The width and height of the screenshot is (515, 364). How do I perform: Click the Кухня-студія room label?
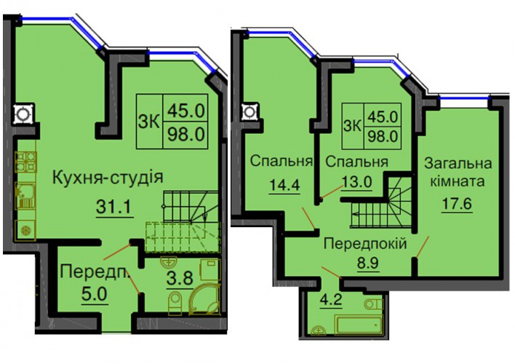pyautogui.click(x=108, y=178)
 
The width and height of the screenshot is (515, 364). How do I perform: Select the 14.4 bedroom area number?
pyautogui.click(x=284, y=186)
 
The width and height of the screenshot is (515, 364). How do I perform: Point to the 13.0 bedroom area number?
pyautogui.click(x=357, y=181)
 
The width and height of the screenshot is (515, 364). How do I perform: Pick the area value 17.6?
pyautogui.click(x=457, y=204)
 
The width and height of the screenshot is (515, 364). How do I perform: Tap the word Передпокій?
pyautogui.click(x=365, y=244)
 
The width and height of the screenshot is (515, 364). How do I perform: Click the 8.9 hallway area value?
pyautogui.click(x=368, y=263)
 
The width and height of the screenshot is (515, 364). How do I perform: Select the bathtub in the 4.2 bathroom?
pyautogui.click(x=359, y=324)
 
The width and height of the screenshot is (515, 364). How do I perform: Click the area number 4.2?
pyautogui.click(x=332, y=300)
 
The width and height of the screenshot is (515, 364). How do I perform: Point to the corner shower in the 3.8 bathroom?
pyautogui.click(x=204, y=299)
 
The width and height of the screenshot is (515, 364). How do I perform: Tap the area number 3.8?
pyautogui.click(x=180, y=279)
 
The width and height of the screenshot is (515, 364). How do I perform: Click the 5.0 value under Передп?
pyautogui.click(x=95, y=294)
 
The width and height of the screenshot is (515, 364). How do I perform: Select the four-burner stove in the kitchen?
pyautogui.click(x=26, y=162)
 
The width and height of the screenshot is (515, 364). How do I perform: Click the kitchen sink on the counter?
pyautogui.click(x=25, y=196)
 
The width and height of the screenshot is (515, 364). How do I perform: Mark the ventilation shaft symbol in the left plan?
pyautogui.click(x=23, y=114)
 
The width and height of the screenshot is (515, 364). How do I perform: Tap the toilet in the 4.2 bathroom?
pyautogui.click(x=373, y=304)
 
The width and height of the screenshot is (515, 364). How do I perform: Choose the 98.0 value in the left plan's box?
pyautogui.click(x=186, y=135)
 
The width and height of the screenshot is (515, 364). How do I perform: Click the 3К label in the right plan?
pyautogui.click(x=352, y=126)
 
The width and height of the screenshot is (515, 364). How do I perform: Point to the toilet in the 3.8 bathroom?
pyautogui.click(x=175, y=303)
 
